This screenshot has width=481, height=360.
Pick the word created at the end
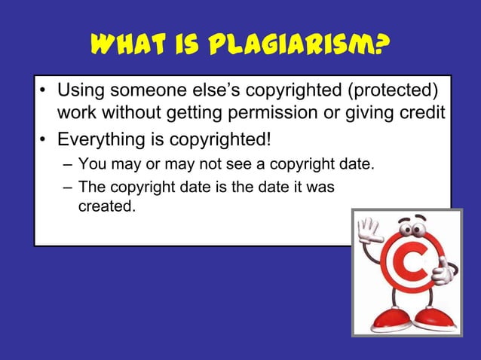pyautogui.click(x=106, y=206)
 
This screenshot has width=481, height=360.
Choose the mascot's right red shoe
pyautogui.click(x=436, y=318)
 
